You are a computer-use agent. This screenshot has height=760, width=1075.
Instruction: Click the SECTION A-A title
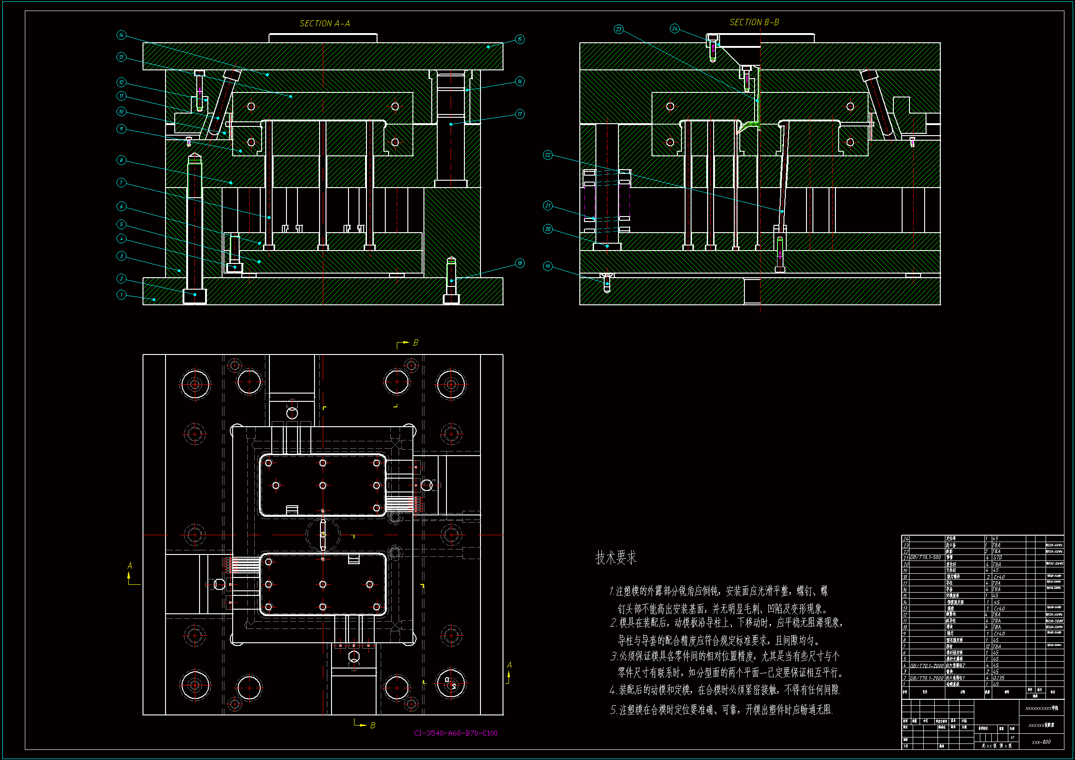(x=325, y=23)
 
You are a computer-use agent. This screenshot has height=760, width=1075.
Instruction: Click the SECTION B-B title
(x=754, y=22)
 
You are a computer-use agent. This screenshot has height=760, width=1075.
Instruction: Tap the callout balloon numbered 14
(x=121, y=34)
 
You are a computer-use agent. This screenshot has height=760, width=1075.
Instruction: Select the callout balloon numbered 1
(x=121, y=295)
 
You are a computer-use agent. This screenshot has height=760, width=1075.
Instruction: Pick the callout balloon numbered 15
(x=520, y=40)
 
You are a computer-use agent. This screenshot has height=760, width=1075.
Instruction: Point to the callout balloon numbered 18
(x=520, y=263)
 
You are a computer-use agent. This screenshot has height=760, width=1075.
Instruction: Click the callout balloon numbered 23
(x=618, y=29)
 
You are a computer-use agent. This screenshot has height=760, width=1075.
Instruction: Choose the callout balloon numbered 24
(x=674, y=29)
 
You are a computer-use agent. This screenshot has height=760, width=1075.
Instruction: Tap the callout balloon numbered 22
(x=548, y=155)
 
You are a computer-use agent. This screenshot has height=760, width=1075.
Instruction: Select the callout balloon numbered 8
(x=121, y=160)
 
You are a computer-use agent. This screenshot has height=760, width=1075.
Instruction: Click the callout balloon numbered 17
(x=520, y=114)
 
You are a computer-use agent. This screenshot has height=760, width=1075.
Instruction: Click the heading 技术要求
(x=616, y=558)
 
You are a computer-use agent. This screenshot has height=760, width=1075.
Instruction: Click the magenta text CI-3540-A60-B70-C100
(x=456, y=733)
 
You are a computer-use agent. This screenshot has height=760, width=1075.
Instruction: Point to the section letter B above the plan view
(x=415, y=343)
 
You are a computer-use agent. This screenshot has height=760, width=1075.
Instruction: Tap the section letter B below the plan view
(x=372, y=726)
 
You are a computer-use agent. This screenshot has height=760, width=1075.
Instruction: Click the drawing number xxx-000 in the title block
(x=1041, y=742)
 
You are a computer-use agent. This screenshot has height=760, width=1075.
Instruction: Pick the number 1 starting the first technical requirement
(x=612, y=591)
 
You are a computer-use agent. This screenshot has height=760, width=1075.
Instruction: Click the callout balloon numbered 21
(x=548, y=206)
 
